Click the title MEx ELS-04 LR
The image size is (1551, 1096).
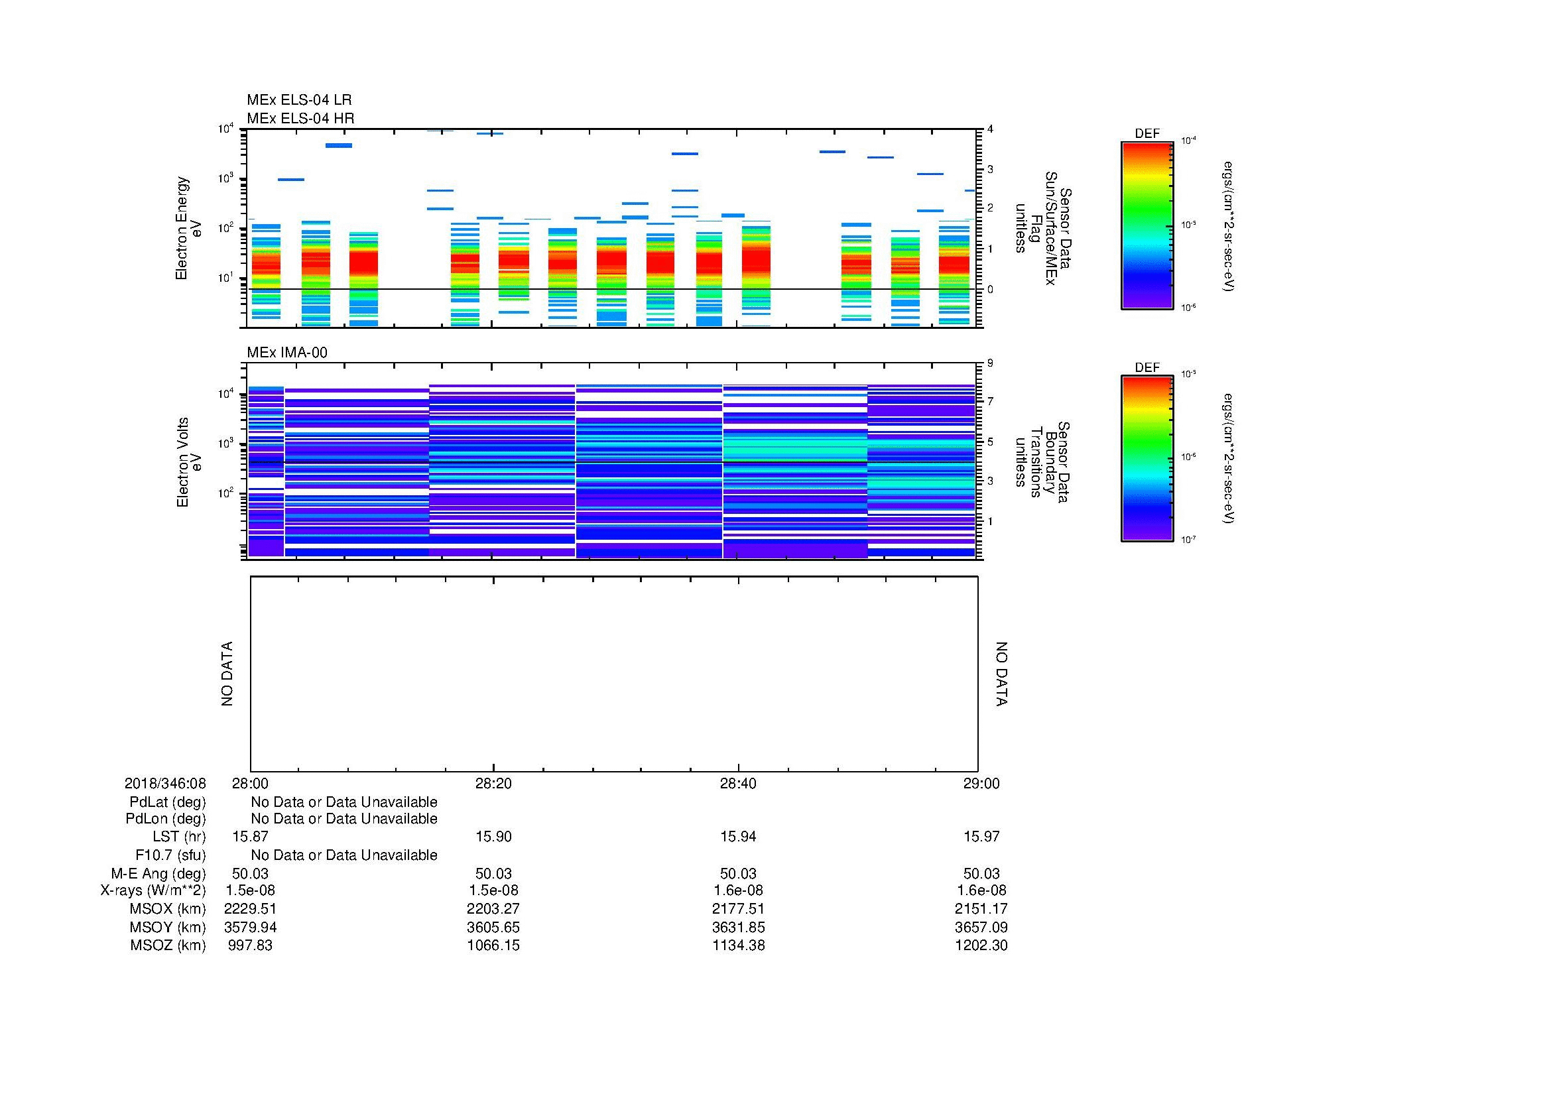pyautogui.click(x=298, y=100)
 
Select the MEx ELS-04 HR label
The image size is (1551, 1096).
pyautogui.click(x=300, y=118)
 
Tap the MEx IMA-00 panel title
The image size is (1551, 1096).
pyautogui.click(x=286, y=353)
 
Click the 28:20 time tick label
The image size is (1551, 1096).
pyautogui.click(x=494, y=783)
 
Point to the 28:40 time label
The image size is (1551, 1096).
pyautogui.click(x=738, y=783)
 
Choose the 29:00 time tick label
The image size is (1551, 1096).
pyautogui.click(x=981, y=783)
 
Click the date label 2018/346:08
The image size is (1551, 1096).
pyautogui.click(x=165, y=783)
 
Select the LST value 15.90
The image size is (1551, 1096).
pyautogui.click(x=494, y=837)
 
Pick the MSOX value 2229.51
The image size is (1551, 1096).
pyautogui.click(x=250, y=909)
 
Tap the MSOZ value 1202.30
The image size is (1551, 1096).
pyautogui.click(x=981, y=945)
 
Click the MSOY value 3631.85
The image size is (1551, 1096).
pyautogui.click(x=738, y=927)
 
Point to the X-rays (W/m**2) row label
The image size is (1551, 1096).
pyautogui.click(x=153, y=890)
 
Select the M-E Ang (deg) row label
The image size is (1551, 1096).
pyautogui.click(x=158, y=874)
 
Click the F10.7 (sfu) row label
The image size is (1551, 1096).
pyautogui.click(x=170, y=855)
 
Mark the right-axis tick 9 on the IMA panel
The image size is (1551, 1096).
pyautogui.click(x=990, y=363)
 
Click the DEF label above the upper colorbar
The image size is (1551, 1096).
pyautogui.click(x=1147, y=134)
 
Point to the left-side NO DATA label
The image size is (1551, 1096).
pyautogui.click(x=227, y=674)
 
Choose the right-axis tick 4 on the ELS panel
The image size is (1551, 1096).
pyautogui.click(x=990, y=129)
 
